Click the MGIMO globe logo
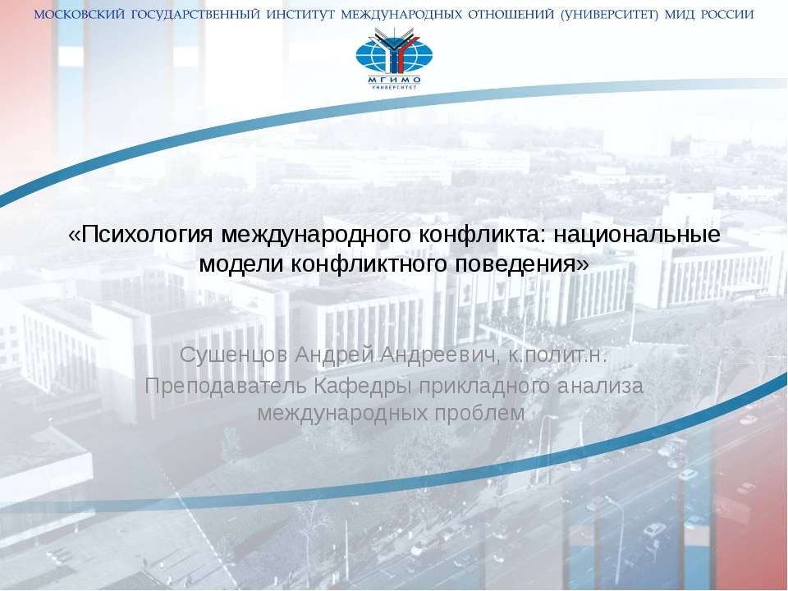point(394,57)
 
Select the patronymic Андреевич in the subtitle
point(438,355)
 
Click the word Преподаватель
point(220,384)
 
